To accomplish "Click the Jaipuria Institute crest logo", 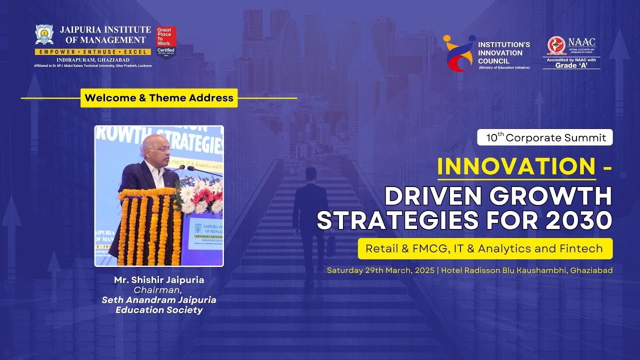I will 44,34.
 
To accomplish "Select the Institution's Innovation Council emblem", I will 458,53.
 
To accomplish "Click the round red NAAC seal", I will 556,45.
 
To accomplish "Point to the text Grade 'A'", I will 571,65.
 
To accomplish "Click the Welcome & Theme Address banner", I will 159,98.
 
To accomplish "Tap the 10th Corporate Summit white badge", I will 545,137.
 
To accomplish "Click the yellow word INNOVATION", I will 516,166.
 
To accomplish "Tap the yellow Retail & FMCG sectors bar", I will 485,248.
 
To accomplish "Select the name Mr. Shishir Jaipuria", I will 159,280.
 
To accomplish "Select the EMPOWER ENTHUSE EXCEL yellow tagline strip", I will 92,52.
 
